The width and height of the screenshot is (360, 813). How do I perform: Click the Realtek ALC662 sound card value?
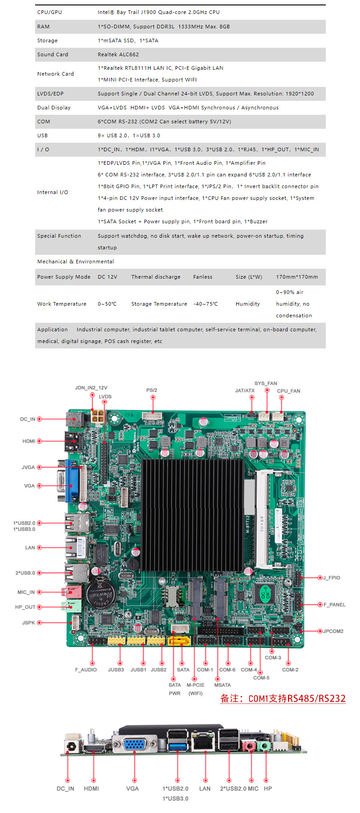(x=118, y=54)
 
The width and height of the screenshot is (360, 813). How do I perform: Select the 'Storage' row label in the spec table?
(x=47, y=41)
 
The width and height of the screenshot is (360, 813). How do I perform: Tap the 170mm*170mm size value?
(x=297, y=277)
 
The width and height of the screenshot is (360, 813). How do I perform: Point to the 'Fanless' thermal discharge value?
(x=202, y=277)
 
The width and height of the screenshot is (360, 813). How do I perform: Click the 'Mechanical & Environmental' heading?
(x=75, y=262)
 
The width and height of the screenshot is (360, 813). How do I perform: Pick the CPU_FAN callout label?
(x=288, y=391)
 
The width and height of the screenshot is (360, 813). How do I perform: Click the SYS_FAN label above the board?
(x=265, y=384)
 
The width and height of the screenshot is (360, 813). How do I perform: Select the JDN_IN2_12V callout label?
(x=91, y=388)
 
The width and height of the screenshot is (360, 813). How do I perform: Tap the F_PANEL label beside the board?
(x=334, y=605)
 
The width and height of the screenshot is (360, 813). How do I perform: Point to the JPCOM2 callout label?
(x=333, y=631)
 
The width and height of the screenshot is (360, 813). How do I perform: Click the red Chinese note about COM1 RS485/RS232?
(x=283, y=698)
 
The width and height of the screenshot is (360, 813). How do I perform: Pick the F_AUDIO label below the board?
(x=86, y=670)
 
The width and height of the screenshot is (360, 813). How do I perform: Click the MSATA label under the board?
(x=222, y=685)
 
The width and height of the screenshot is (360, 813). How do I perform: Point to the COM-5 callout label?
(x=261, y=677)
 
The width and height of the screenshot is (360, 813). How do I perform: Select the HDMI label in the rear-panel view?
(x=91, y=788)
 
